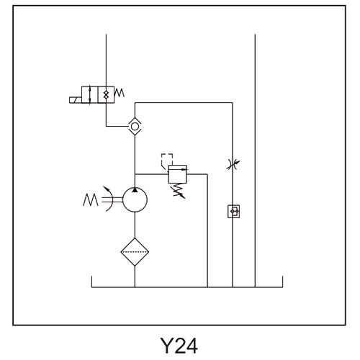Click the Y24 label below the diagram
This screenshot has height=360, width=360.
pos(179,346)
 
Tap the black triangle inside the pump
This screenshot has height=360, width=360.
pos(135,190)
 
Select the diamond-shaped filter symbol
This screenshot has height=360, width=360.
pos(135,252)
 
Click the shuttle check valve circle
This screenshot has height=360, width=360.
pos(135,126)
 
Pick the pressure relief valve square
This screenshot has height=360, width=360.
pos(178,174)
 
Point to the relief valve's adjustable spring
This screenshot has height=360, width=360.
pos(179,191)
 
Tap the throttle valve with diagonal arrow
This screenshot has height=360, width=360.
pos(233,165)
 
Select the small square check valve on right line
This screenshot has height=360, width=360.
pos(233,211)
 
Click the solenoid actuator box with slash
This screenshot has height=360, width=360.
pos(76,100)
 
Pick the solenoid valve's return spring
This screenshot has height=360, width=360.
pos(120,93)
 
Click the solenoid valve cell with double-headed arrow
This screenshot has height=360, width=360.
pos(90,95)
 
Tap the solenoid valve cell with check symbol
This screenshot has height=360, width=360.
pos(106,95)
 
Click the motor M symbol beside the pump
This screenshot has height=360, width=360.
pos(91,199)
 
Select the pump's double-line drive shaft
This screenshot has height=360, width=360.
pos(112,199)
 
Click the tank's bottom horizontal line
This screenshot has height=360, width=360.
pos(187,287)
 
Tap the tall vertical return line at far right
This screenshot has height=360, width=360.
pos(255,161)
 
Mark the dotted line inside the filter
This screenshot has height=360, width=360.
pos(135,252)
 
